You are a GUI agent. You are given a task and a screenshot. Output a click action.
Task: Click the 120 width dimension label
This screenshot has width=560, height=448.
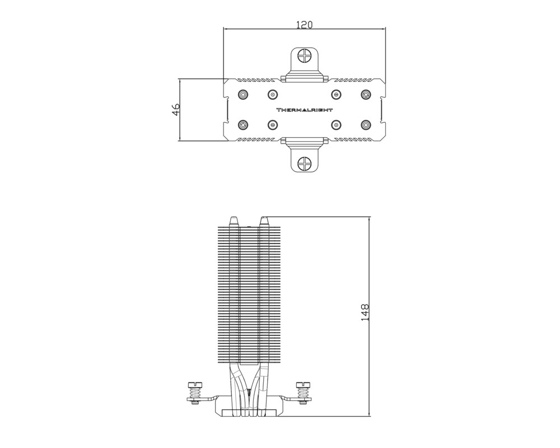click(304, 25)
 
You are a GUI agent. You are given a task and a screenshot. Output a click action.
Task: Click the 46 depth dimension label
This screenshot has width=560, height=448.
click(176, 110)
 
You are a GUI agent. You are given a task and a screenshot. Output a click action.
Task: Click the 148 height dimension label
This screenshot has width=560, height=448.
click(365, 312)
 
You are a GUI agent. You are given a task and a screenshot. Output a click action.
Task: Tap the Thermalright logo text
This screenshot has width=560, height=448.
click(304, 110)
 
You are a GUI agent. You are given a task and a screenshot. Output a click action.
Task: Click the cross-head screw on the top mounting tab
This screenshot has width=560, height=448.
click(304, 56)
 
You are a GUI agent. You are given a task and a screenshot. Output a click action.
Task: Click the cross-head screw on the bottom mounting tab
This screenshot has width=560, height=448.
click(304, 164)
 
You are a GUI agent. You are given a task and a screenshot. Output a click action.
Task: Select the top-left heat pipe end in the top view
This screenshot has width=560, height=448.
click(243, 95)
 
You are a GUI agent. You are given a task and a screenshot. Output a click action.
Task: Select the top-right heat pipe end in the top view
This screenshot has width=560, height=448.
click(366, 95)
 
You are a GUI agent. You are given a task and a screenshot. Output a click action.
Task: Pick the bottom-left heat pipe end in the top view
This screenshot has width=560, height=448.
click(243, 125)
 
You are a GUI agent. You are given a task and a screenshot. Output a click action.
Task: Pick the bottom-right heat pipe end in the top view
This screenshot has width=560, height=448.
click(366, 125)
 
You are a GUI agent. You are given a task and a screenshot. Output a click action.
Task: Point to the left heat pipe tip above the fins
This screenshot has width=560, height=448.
click(234, 221)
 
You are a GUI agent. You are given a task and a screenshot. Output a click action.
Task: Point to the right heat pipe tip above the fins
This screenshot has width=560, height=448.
click(264, 221)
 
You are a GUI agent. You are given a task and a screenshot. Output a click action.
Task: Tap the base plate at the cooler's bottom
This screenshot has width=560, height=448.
click(249, 413)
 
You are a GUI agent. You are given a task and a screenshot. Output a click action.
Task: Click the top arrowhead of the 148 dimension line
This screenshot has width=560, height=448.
click(369, 217)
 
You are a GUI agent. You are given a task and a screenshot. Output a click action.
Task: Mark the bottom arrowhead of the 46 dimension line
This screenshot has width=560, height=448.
click(180, 140)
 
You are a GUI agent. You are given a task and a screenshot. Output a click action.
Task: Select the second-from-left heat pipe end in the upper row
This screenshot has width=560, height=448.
click(273, 95)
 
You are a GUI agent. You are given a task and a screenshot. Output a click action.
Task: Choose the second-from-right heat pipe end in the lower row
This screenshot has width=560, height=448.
click(335, 125)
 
